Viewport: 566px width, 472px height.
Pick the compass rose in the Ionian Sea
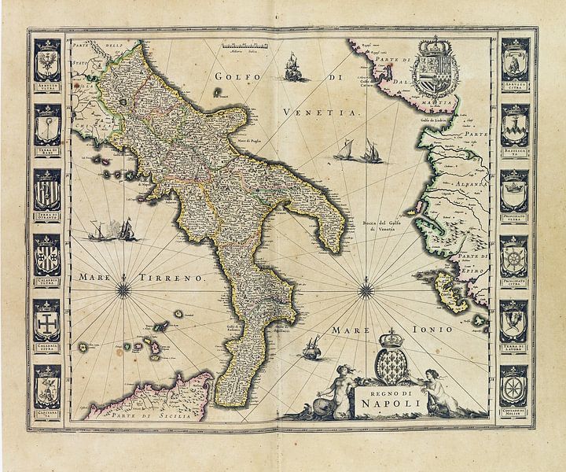click(366, 291)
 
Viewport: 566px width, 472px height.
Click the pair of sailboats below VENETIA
click(358, 151)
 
